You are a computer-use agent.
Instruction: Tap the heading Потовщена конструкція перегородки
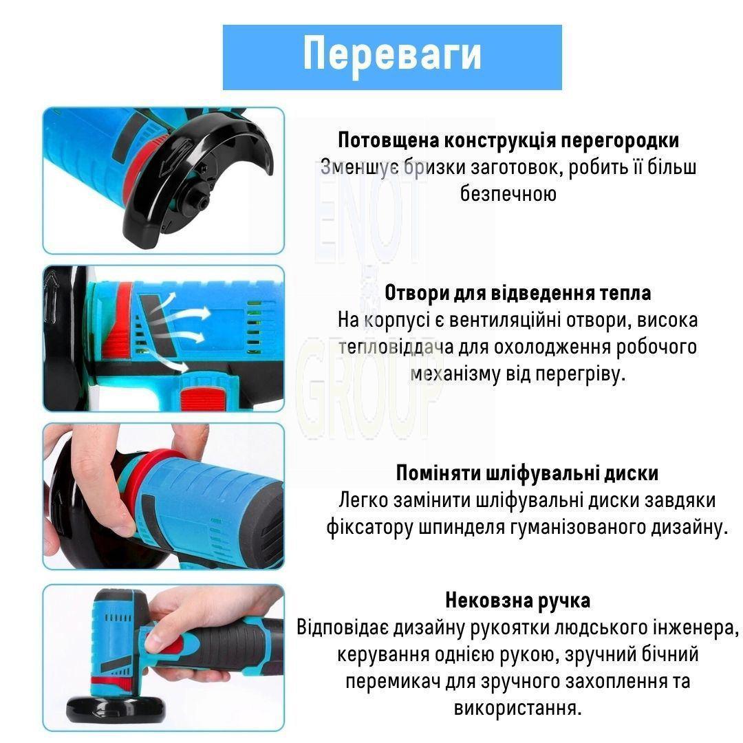click(508, 140)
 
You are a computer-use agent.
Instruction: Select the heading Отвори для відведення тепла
click(517, 293)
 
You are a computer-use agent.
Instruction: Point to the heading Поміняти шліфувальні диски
click(527, 473)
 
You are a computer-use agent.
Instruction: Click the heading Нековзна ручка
click(517, 601)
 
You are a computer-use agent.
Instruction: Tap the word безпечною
click(508, 193)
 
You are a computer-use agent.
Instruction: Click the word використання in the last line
click(517, 709)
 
